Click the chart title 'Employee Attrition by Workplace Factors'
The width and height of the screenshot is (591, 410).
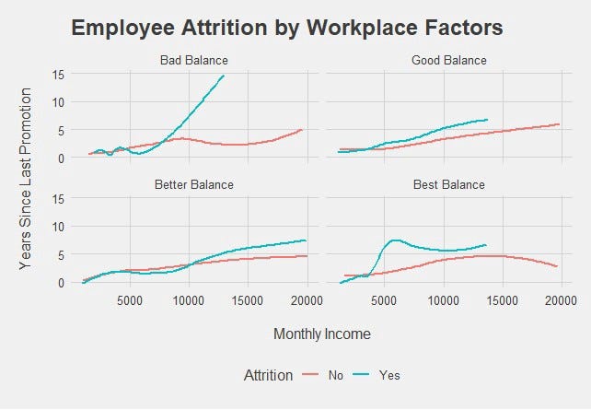click(286, 28)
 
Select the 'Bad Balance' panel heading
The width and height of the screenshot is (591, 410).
click(193, 61)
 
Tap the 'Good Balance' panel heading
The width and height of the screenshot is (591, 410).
click(449, 61)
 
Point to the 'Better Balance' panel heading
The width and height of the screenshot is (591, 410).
click(193, 184)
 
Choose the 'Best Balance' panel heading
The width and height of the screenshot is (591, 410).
click(449, 184)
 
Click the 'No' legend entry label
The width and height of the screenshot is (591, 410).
click(336, 375)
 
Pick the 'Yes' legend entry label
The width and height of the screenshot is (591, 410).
click(390, 375)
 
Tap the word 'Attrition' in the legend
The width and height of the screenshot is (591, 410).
click(269, 375)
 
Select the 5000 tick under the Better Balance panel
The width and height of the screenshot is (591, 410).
click(130, 300)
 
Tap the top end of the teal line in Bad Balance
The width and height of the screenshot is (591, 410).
click(224, 76)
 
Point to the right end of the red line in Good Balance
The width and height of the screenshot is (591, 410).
click(559, 124)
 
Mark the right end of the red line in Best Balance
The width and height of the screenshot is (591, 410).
click(558, 267)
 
